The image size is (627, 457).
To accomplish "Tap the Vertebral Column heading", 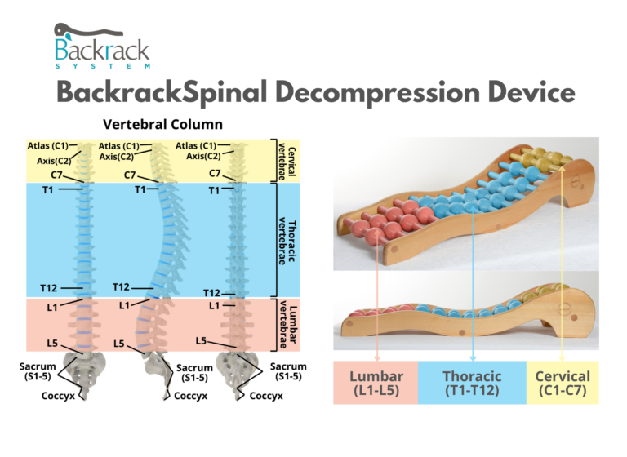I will pos(162,126).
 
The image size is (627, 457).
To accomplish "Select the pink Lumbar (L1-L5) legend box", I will pos(376,383).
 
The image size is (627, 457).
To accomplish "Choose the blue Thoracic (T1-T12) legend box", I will pos(472,383).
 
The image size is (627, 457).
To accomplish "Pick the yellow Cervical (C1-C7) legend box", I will pos(563,383).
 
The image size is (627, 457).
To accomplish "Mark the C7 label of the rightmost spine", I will pos(215,173).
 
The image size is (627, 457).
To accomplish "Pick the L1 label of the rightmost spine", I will pos(214,305).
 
